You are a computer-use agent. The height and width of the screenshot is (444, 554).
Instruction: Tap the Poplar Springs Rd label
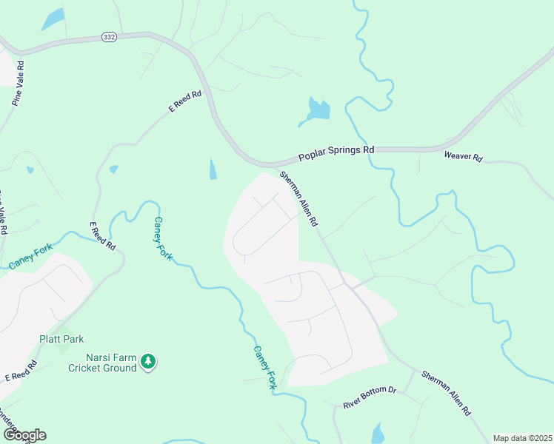(336, 153)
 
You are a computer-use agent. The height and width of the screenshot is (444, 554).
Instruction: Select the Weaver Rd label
(463, 158)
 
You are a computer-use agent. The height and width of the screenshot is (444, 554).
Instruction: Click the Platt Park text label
(61, 339)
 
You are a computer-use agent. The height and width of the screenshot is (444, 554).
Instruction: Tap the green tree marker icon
(149, 361)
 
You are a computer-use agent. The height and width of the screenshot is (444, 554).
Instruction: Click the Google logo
(24, 435)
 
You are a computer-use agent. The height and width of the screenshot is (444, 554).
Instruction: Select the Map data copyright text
(522, 438)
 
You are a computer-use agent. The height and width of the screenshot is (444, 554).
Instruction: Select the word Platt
(50, 339)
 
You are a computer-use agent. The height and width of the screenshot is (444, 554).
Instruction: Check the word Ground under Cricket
(120, 368)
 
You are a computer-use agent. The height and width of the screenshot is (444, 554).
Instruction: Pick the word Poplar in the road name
(312, 157)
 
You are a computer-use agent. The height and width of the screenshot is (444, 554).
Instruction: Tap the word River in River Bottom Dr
(351, 405)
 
